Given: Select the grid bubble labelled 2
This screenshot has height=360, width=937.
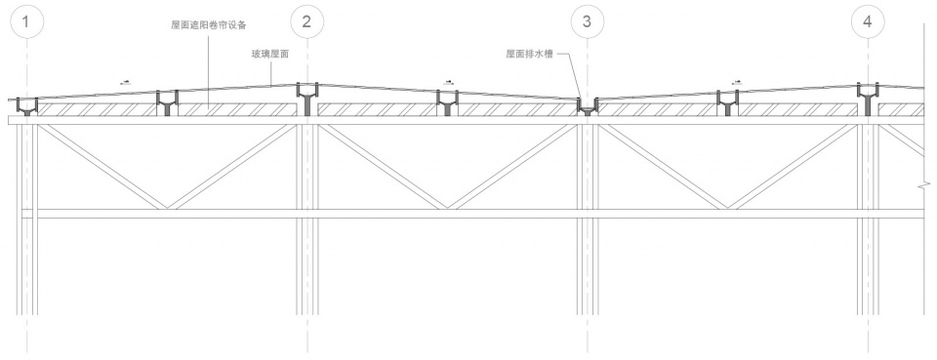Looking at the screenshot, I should point(307,21).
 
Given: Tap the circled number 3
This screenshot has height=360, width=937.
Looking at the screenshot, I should point(587,21).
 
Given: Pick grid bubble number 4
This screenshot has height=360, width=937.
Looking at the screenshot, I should point(867,21).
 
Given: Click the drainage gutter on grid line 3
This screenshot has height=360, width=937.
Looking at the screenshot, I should point(587,105).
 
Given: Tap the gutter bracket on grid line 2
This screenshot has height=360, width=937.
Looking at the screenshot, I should point(307,99).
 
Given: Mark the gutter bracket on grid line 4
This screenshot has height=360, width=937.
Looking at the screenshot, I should point(868,99).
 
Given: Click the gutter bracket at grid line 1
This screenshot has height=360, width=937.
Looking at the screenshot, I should point(27,105).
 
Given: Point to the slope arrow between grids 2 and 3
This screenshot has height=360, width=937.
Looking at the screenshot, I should point(448,82).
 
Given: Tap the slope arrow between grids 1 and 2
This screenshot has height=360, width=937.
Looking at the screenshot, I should point(124,82).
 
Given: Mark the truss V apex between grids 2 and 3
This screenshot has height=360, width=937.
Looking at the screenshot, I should point(448,207).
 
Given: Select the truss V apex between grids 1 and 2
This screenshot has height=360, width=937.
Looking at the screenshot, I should point(168,207).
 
